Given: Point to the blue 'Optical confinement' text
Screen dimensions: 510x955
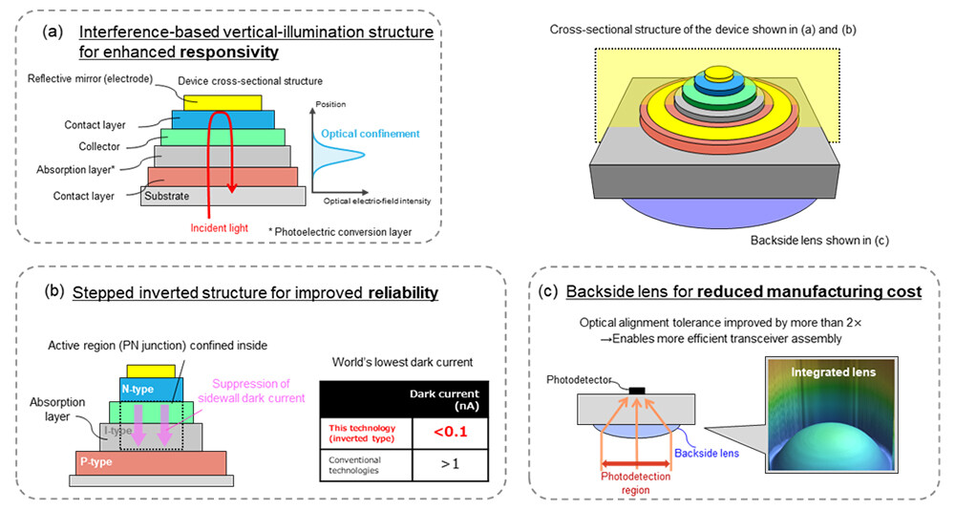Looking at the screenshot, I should [x=368, y=135].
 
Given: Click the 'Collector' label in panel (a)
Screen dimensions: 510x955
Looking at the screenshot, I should [x=98, y=146].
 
